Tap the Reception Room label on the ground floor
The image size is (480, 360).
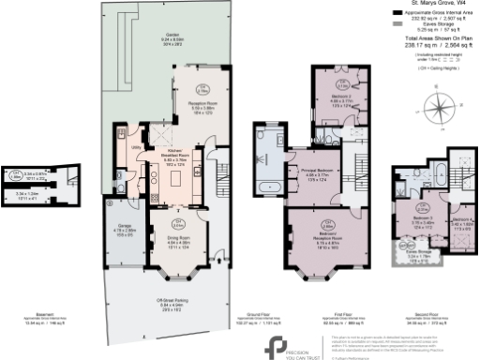tap(190, 107)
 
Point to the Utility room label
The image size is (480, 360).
tap(136, 148)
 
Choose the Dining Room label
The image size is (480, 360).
tap(177, 222)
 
